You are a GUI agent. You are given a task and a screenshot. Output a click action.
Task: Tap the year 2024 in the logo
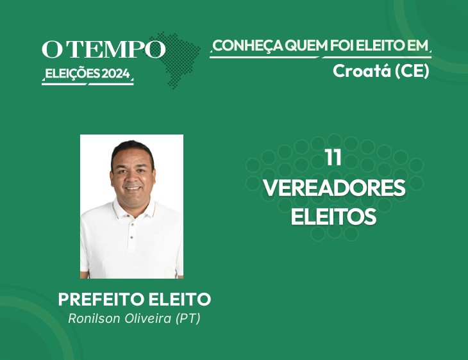point(116,74)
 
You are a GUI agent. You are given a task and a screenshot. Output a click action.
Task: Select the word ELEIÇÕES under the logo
point(72,74)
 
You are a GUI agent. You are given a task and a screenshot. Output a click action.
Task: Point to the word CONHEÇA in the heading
point(248,46)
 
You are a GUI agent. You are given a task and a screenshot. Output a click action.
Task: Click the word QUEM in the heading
point(306,45)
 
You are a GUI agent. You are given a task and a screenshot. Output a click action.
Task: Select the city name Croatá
point(362,71)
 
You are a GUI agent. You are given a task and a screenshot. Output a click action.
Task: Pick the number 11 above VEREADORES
point(333,157)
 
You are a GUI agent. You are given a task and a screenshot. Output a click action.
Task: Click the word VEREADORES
point(334,187)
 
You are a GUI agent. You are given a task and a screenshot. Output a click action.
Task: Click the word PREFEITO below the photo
point(101,299)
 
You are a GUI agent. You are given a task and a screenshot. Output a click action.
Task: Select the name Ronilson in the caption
point(94,318)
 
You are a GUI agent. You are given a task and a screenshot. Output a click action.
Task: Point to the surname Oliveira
point(147,318)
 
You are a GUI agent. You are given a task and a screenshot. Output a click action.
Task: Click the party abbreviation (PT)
point(188,318)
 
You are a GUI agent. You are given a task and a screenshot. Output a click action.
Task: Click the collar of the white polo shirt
point(133,208)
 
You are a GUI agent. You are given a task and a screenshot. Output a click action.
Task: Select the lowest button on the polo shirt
point(131,238)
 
